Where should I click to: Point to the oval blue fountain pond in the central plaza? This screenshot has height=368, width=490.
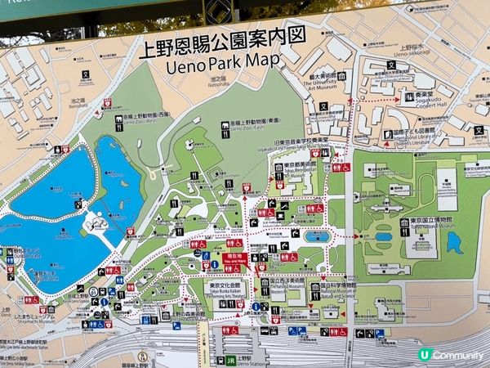pyautogui.click(x=317, y=236)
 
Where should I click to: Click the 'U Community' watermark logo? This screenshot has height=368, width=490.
pyautogui.click(x=449, y=355)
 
